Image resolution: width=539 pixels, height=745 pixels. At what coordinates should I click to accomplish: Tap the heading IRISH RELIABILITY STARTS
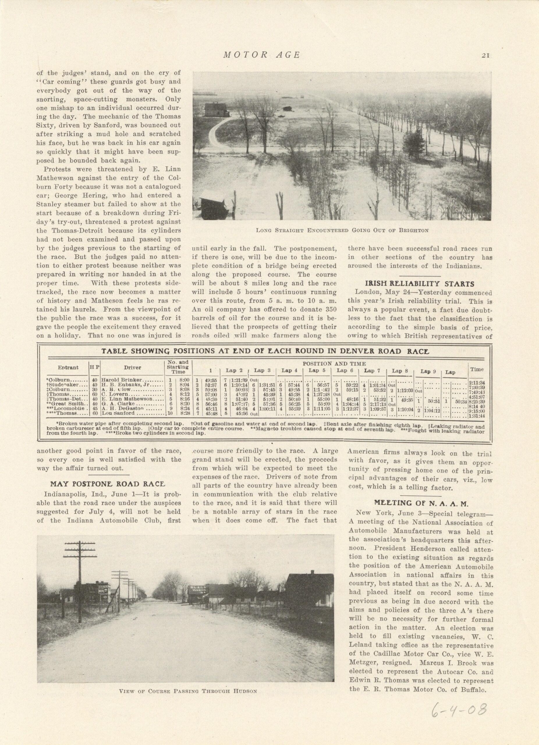[x=420, y=283]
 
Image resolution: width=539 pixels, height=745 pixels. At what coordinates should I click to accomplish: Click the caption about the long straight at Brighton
[x=342, y=230]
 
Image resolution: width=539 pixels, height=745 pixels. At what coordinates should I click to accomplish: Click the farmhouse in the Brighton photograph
[x=217, y=109]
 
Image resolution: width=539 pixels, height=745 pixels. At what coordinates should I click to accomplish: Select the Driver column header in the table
[x=132, y=367]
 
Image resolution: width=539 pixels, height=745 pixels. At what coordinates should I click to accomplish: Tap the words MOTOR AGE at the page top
[x=261, y=55]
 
